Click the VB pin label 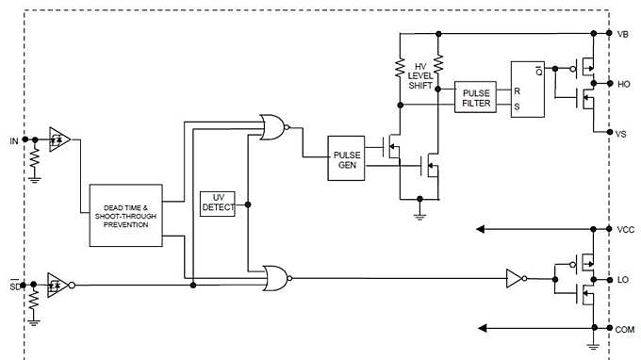[622, 34]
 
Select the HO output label [622, 84]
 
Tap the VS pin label [621, 135]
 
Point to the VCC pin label [624, 229]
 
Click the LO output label [622, 279]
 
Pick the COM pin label [624, 329]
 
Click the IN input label [13, 141]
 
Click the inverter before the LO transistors [514, 278]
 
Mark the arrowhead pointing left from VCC [484, 229]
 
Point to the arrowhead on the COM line [484, 328]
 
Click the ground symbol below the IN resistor [35, 174]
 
